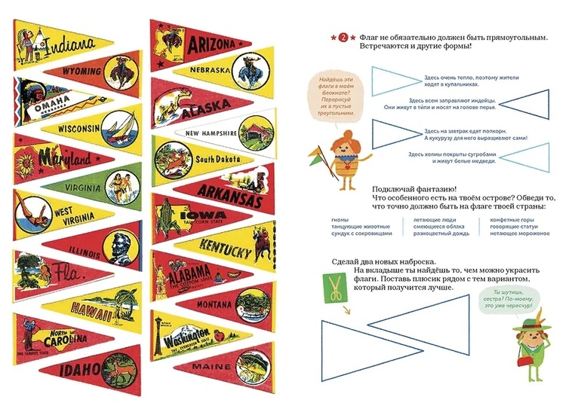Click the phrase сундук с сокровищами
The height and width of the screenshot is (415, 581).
pos(362,234)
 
